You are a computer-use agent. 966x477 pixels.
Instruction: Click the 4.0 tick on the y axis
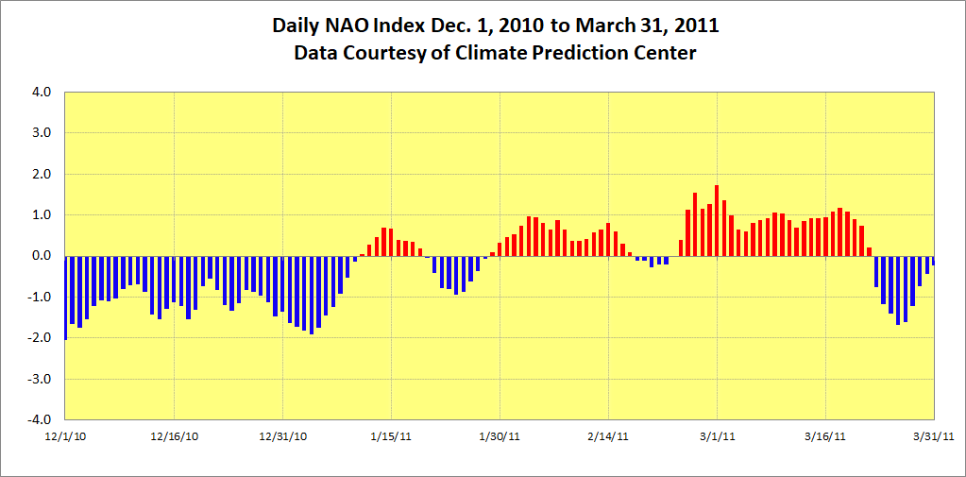(x=41, y=93)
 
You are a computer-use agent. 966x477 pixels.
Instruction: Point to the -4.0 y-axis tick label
(x=39, y=419)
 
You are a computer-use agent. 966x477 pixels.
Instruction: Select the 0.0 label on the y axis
(x=41, y=256)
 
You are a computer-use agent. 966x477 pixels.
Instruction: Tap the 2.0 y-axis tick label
(x=41, y=175)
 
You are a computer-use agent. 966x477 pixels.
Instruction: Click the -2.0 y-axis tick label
(x=39, y=338)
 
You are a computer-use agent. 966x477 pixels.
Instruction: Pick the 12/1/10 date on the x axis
(x=65, y=436)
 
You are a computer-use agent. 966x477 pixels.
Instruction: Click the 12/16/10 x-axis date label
(x=175, y=436)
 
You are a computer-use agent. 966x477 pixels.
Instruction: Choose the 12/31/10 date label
(x=283, y=436)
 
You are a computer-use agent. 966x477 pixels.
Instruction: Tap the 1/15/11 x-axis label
(x=391, y=436)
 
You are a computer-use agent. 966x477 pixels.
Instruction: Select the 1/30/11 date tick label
(x=500, y=436)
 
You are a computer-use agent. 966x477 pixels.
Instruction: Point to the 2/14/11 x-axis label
(x=608, y=436)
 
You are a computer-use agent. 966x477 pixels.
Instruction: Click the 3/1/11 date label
(x=718, y=436)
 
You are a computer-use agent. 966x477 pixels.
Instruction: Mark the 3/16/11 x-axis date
(x=826, y=436)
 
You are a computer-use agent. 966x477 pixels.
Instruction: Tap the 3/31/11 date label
(x=935, y=436)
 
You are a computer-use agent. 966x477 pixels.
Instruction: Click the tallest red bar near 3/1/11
(x=717, y=220)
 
